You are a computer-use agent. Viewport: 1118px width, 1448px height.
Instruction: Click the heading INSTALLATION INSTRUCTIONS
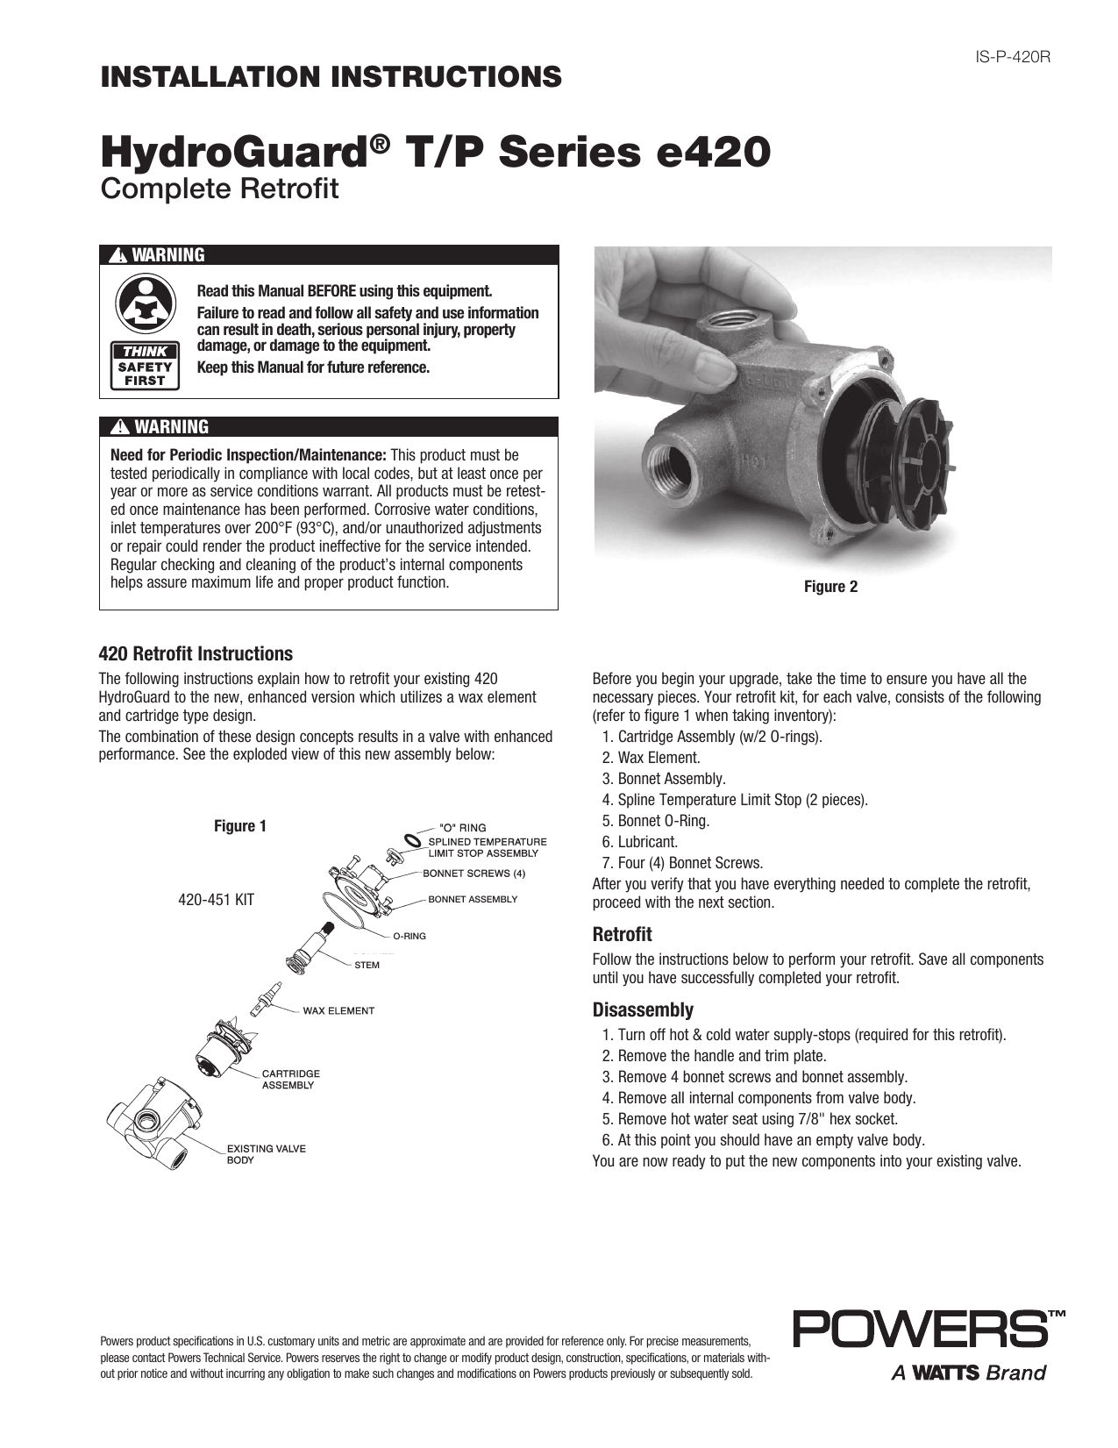click(331, 77)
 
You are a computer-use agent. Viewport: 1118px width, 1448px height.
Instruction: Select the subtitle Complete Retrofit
click(220, 189)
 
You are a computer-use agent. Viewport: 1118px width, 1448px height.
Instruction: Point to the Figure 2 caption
click(830, 587)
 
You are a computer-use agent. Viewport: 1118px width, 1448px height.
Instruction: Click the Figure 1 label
click(240, 826)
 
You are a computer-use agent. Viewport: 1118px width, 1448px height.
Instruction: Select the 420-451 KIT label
click(216, 900)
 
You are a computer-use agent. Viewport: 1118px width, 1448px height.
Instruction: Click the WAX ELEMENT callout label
click(338, 1010)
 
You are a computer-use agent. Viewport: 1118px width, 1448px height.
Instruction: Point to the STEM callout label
click(367, 965)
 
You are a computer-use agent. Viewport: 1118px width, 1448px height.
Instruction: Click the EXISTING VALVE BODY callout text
click(266, 1153)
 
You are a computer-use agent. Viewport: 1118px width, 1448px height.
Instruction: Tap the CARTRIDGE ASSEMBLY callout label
click(290, 1079)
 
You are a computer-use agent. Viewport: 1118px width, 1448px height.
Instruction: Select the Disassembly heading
click(643, 1009)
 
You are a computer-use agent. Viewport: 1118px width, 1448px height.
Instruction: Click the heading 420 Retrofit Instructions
click(196, 654)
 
